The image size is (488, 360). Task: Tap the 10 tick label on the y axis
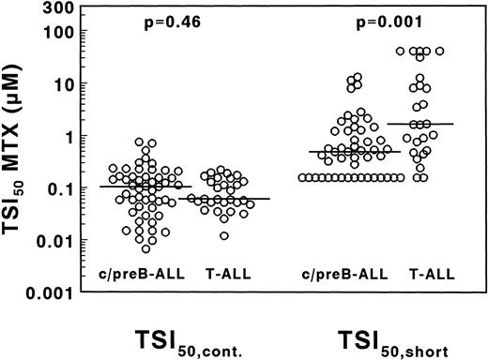62,85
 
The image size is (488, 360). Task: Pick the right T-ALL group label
433,274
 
